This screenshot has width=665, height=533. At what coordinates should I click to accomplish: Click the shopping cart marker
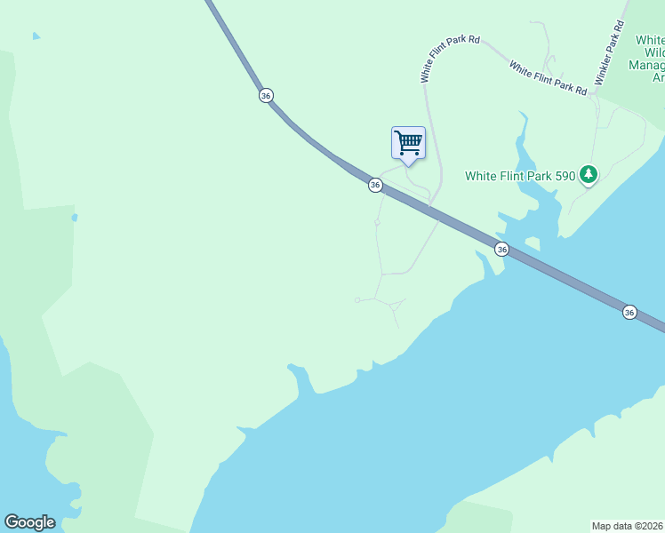(408, 142)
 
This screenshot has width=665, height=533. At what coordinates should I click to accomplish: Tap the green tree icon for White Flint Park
(588, 175)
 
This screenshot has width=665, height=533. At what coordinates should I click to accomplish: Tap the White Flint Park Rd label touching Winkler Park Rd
(548, 77)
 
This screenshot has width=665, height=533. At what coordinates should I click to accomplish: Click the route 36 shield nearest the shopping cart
(375, 185)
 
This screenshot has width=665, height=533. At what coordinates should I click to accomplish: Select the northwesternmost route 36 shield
(266, 95)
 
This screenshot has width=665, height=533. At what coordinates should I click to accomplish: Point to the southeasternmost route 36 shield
(629, 312)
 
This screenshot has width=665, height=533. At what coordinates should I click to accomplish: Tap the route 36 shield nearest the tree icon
(502, 250)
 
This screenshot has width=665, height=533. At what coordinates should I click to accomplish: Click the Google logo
(29, 522)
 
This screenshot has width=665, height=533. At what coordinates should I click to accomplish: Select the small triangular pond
(36, 36)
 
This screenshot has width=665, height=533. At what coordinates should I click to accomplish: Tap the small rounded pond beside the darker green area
(75, 217)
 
